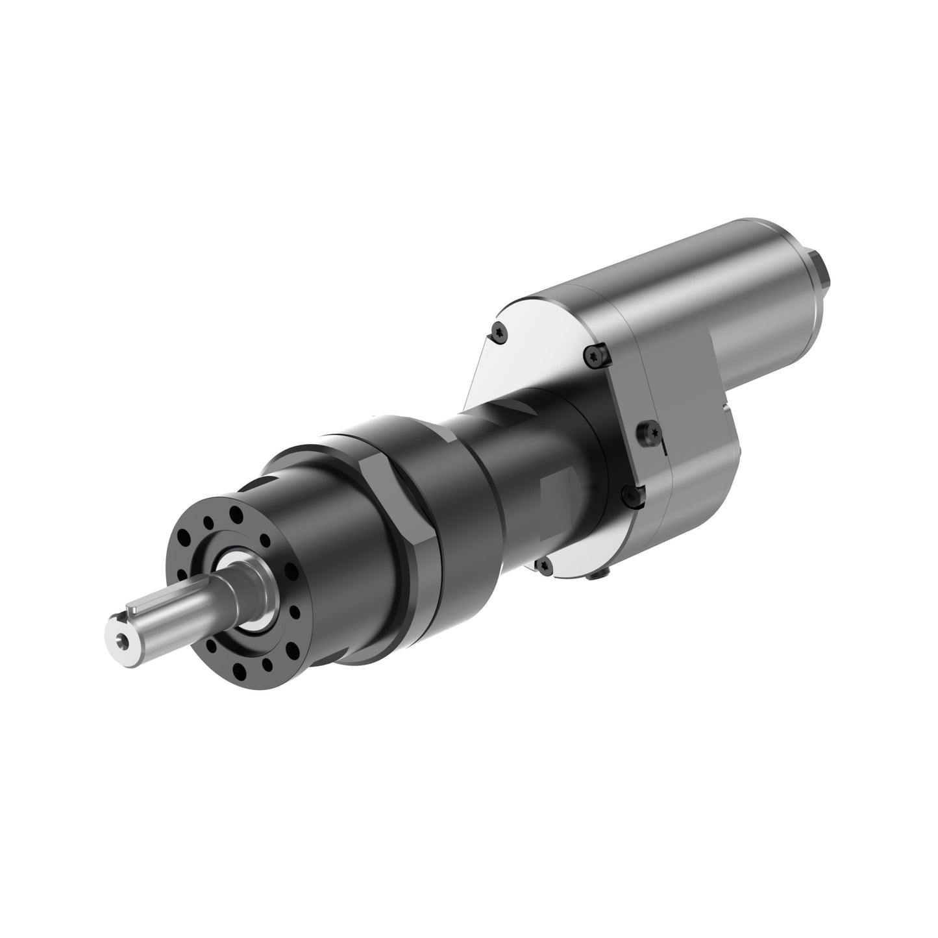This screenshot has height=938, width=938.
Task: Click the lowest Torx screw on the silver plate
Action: (544, 566)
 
